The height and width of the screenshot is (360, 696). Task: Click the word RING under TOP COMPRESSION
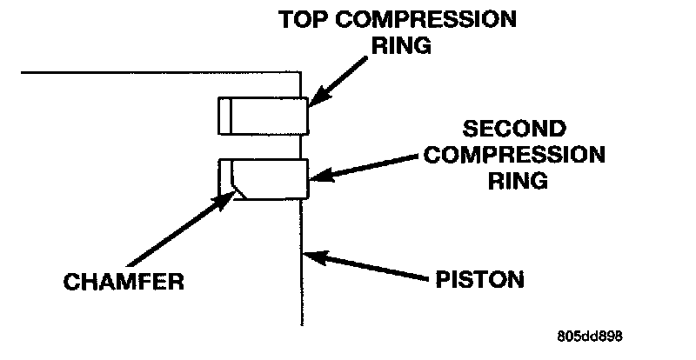[403, 45]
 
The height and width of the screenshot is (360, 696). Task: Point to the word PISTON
[480, 280]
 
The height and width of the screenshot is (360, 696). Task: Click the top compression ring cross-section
[264, 116]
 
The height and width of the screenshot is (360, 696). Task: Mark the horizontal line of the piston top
[157, 72]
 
